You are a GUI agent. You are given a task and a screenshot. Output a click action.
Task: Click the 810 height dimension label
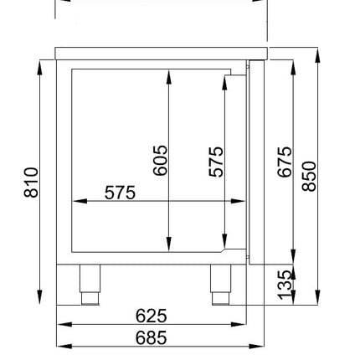31,183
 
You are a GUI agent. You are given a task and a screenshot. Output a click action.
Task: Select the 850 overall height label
309,176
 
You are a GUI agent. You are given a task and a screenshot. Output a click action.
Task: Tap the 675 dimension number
285,162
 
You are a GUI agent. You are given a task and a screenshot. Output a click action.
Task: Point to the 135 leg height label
285,285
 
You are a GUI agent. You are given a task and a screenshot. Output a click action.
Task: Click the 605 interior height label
161,160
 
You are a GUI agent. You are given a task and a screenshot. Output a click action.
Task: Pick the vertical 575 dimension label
216,162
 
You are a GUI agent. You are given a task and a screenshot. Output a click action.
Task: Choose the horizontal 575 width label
120,193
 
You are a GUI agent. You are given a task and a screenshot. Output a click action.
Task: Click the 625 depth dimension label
152,316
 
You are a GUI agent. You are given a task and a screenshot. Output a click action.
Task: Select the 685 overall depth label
152,337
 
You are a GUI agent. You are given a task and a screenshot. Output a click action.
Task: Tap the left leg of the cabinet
90,285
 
